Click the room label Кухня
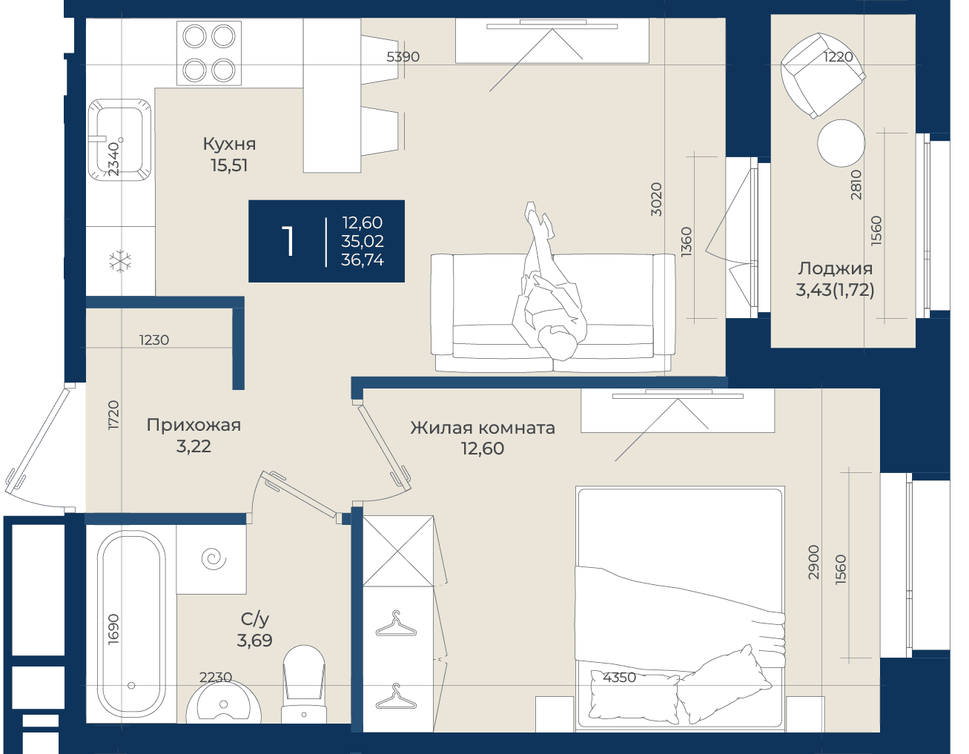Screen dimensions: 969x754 [229, 144]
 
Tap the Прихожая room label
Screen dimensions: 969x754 [194, 425]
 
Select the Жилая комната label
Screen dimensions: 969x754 [483, 428]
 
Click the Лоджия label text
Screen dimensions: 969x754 [835, 269]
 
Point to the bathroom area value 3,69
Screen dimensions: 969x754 [254, 641]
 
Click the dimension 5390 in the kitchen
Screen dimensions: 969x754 [403, 56]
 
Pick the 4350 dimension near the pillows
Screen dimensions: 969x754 [619, 678]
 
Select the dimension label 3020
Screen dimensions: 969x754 [656, 199]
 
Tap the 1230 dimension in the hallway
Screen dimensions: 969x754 [154, 340]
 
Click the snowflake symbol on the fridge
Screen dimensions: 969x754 [120, 261]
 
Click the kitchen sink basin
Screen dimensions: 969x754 [119, 140]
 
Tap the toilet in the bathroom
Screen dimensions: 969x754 [304, 684]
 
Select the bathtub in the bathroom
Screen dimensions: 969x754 [131, 624]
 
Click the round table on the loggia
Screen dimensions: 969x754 [841, 143]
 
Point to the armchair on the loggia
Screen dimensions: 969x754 [823, 76]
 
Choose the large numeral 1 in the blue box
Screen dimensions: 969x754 [288, 241]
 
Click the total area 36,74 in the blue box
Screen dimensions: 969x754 [362, 259]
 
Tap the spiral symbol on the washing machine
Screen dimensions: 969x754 [214, 559]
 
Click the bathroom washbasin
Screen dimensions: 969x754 [223, 702]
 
